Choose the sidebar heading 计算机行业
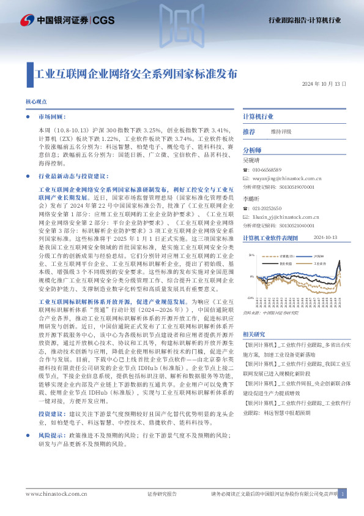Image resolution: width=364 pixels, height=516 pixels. coord(258,116)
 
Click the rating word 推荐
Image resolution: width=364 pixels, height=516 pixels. coord(249,132)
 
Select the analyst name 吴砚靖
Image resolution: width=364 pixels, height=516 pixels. coord(251,159)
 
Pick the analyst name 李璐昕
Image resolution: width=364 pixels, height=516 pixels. coord(251,200)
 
